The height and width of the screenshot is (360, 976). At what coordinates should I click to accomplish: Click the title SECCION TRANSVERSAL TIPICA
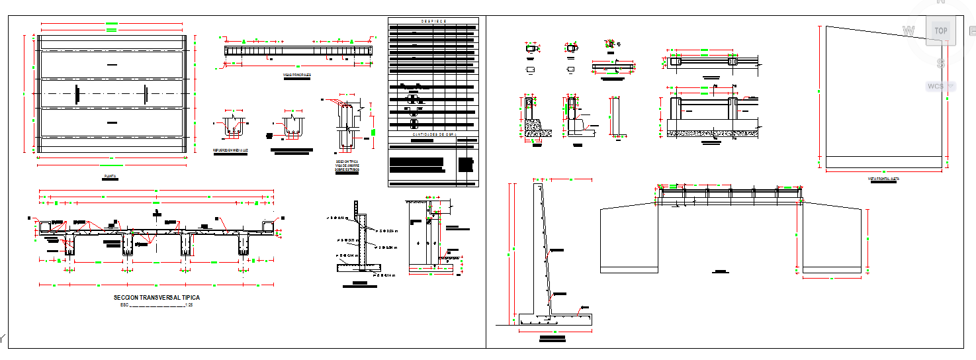[157, 298]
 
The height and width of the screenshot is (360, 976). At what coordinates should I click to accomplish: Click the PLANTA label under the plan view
[111, 177]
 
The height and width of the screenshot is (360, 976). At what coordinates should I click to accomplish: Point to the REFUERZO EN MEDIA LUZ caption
[230, 150]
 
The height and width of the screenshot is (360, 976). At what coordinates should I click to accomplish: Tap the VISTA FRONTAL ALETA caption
[883, 179]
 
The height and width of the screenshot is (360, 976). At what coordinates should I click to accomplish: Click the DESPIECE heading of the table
[433, 21]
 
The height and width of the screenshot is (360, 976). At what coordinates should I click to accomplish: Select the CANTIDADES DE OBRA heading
[433, 134]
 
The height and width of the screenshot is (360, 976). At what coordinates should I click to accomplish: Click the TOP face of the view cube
[940, 30]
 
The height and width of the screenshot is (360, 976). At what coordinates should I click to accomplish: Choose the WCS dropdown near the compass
[940, 86]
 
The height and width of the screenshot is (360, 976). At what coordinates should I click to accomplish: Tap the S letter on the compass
[940, 64]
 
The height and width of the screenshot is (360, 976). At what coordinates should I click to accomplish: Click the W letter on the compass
[909, 30]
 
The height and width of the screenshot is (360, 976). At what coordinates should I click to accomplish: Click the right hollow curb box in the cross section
[269, 228]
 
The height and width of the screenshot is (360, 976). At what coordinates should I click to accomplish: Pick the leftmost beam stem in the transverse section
[70, 245]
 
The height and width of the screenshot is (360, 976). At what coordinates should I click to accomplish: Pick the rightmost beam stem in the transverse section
[243, 245]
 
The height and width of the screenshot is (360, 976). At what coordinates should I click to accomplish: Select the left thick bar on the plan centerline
[77, 94]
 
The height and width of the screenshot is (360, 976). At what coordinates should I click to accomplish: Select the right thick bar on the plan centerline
[145, 94]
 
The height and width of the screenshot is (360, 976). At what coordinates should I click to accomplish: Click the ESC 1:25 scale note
[157, 306]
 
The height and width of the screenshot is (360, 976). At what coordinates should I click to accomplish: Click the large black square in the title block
[466, 164]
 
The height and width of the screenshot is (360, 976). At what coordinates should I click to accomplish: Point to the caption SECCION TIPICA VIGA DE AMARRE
[347, 165]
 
